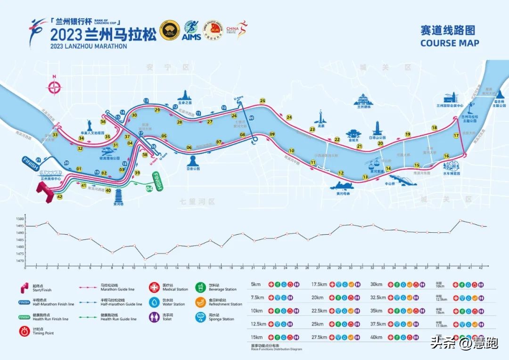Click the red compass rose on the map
[55, 87]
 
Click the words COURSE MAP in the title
[450, 43]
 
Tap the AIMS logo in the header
[191, 31]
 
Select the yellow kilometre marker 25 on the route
[263, 100]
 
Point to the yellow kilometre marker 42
[59, 197]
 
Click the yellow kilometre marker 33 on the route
[55, 135]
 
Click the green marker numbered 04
[149, 189]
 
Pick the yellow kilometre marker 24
[289, 117]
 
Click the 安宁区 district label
[174, 67]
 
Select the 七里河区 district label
[197, 201]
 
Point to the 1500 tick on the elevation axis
[19, 219]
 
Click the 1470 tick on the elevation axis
[19, 261]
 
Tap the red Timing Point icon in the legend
[24, 331]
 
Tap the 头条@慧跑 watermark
[464, 343]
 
